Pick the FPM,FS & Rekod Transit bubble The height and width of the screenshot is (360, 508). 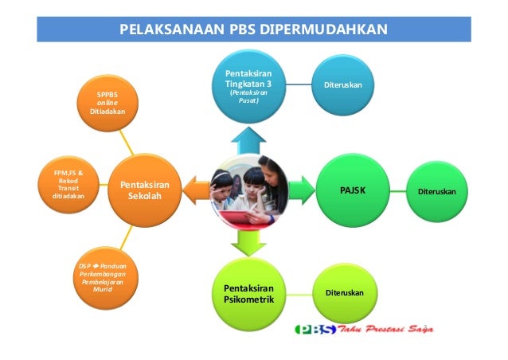67,185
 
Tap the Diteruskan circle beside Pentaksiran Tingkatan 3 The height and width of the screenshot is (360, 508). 343,84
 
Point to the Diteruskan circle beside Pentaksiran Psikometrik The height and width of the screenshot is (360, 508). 344,293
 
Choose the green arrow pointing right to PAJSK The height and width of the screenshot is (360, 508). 300,190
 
